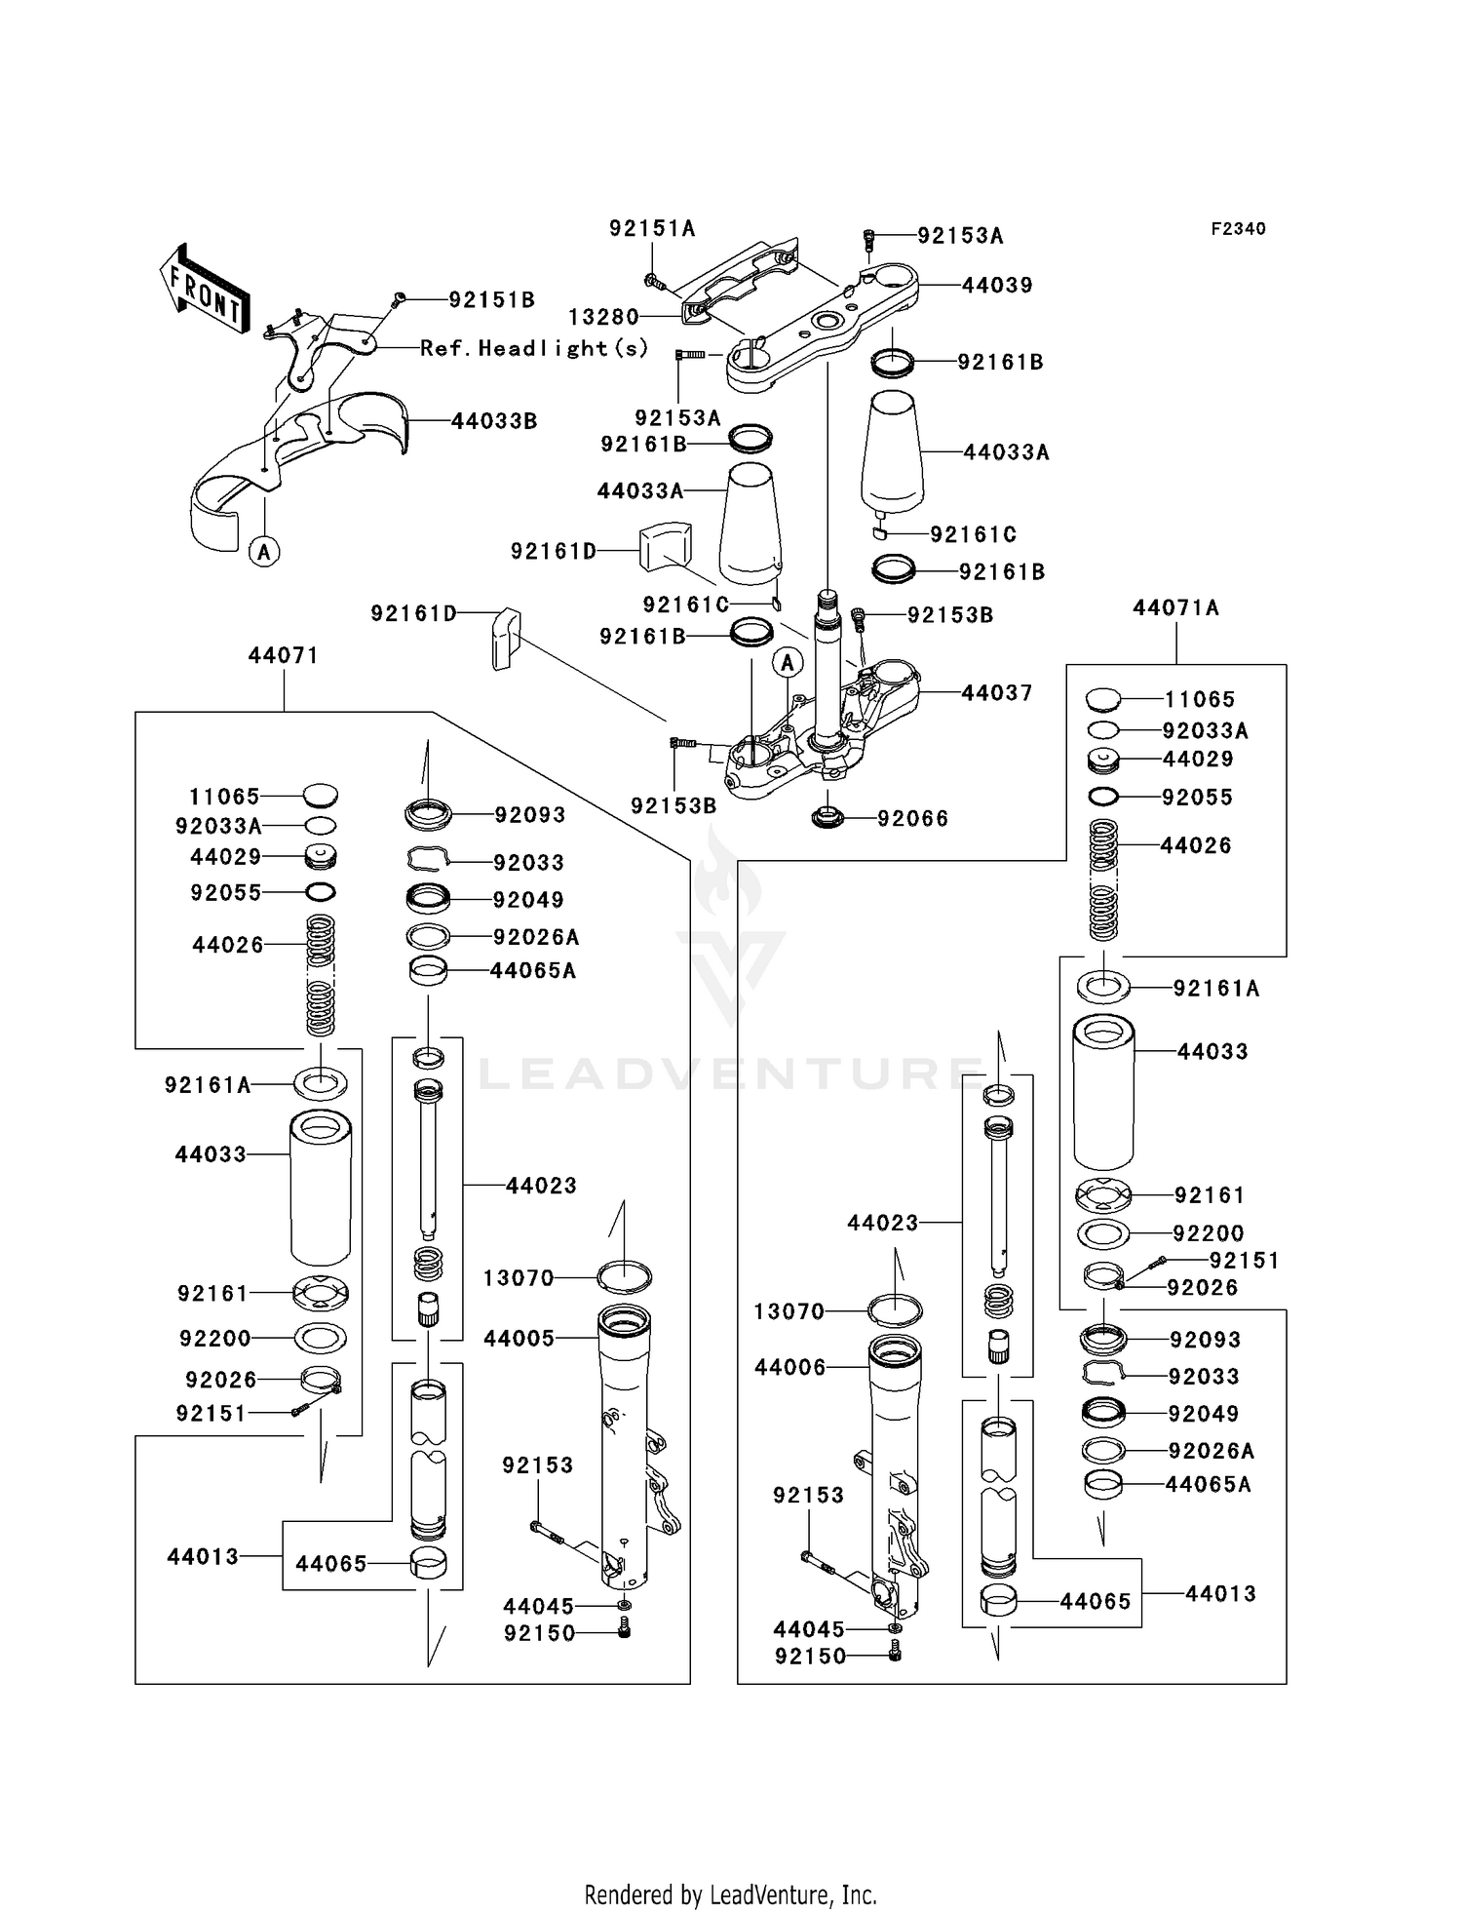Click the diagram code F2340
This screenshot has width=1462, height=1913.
tap(1238, 228)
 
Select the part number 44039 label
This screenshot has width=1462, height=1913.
tap(997, 285)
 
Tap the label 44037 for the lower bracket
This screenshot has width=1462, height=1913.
tap(996, 692)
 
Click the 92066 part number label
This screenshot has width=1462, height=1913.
tap(912, 818)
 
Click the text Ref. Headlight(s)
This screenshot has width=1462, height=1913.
tap(534, 348)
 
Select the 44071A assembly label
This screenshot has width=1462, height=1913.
tap(1175, 607)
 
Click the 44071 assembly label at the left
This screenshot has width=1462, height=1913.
tap(283, 655)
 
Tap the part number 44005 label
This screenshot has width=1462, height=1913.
tap(519, 1338)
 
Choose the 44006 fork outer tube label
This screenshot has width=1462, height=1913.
tap(789, 1367)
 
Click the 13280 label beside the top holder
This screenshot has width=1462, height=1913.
tap(603, 317)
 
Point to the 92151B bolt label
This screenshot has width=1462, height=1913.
tap(491, 299)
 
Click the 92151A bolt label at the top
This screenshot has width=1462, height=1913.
tap(652, 228)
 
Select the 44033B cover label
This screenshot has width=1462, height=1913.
tap(494, 421)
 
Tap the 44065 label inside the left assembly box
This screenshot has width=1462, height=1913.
tap(331, 1563)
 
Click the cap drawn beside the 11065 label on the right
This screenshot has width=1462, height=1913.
tap(1102, 698)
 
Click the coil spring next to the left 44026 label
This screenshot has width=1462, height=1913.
tap(321, 975)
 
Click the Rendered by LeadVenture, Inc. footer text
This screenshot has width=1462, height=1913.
tap(730, 1894)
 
